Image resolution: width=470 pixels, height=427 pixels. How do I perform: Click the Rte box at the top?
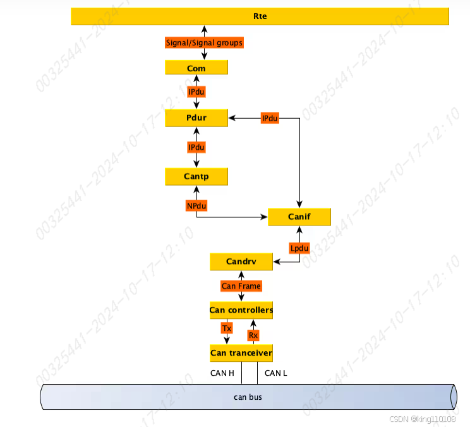coord(260,16)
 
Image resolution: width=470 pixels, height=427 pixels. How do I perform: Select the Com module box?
coord(196,68)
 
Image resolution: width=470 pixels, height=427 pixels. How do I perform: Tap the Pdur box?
coord(196,117)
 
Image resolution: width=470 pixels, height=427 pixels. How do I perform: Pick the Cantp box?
coord(196,176)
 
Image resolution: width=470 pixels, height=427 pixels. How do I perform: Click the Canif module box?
coord(299,217)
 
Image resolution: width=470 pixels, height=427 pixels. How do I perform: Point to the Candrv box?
coord(241,261)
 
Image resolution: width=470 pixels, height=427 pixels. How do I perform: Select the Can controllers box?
coord(241,310)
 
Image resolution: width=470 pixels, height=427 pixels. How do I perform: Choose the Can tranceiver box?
coord(241,352)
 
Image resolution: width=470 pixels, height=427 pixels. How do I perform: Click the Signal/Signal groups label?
coord(204,43)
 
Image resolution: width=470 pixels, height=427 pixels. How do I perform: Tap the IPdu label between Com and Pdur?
coord(196,92)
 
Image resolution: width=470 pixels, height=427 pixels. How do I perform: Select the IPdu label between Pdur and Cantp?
coord(196,147)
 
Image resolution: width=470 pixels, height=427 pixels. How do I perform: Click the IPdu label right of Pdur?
coord(270,118)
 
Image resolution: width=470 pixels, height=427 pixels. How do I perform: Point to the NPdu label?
coord(196,205)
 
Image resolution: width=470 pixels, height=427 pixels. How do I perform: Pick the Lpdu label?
coord(299,248)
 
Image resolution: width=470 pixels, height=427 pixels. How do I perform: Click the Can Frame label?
coord(241,286)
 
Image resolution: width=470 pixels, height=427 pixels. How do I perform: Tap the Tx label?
coord(227,328)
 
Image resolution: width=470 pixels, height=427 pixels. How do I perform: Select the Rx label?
coord(253,335)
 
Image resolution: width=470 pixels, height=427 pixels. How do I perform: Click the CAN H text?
coord(222,373)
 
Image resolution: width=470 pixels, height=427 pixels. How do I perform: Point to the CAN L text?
coord(276,373)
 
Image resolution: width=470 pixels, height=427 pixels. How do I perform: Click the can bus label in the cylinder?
coord(248,397)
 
